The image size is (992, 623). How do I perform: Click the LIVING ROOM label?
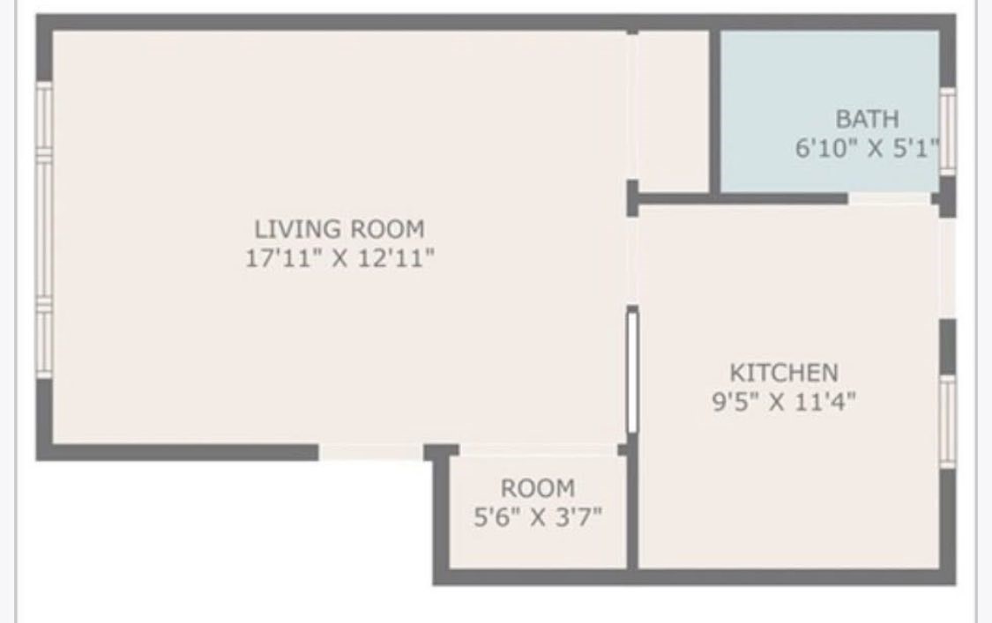point(339,229)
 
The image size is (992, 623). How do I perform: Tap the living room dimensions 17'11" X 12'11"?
point(339,259)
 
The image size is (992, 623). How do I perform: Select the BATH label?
point(867,118)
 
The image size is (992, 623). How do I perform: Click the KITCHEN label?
point(783,372)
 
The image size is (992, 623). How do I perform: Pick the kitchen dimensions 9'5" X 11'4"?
point(783,402)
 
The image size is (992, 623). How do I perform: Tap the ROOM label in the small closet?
point(537,487)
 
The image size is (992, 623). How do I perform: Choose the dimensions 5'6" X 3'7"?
point(537,516)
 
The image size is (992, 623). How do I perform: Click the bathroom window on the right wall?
point(947,130)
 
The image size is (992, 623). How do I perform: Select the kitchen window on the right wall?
point(947,421)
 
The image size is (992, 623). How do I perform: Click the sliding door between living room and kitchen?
point(631,370)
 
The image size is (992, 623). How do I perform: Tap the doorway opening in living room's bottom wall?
point(369,452)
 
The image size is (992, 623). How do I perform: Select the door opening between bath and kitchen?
point(891,199)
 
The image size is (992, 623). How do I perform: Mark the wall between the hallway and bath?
point(715,110)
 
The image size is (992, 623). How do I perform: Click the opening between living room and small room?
point(538,450)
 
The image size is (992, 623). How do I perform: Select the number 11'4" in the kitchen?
point(824,402)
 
